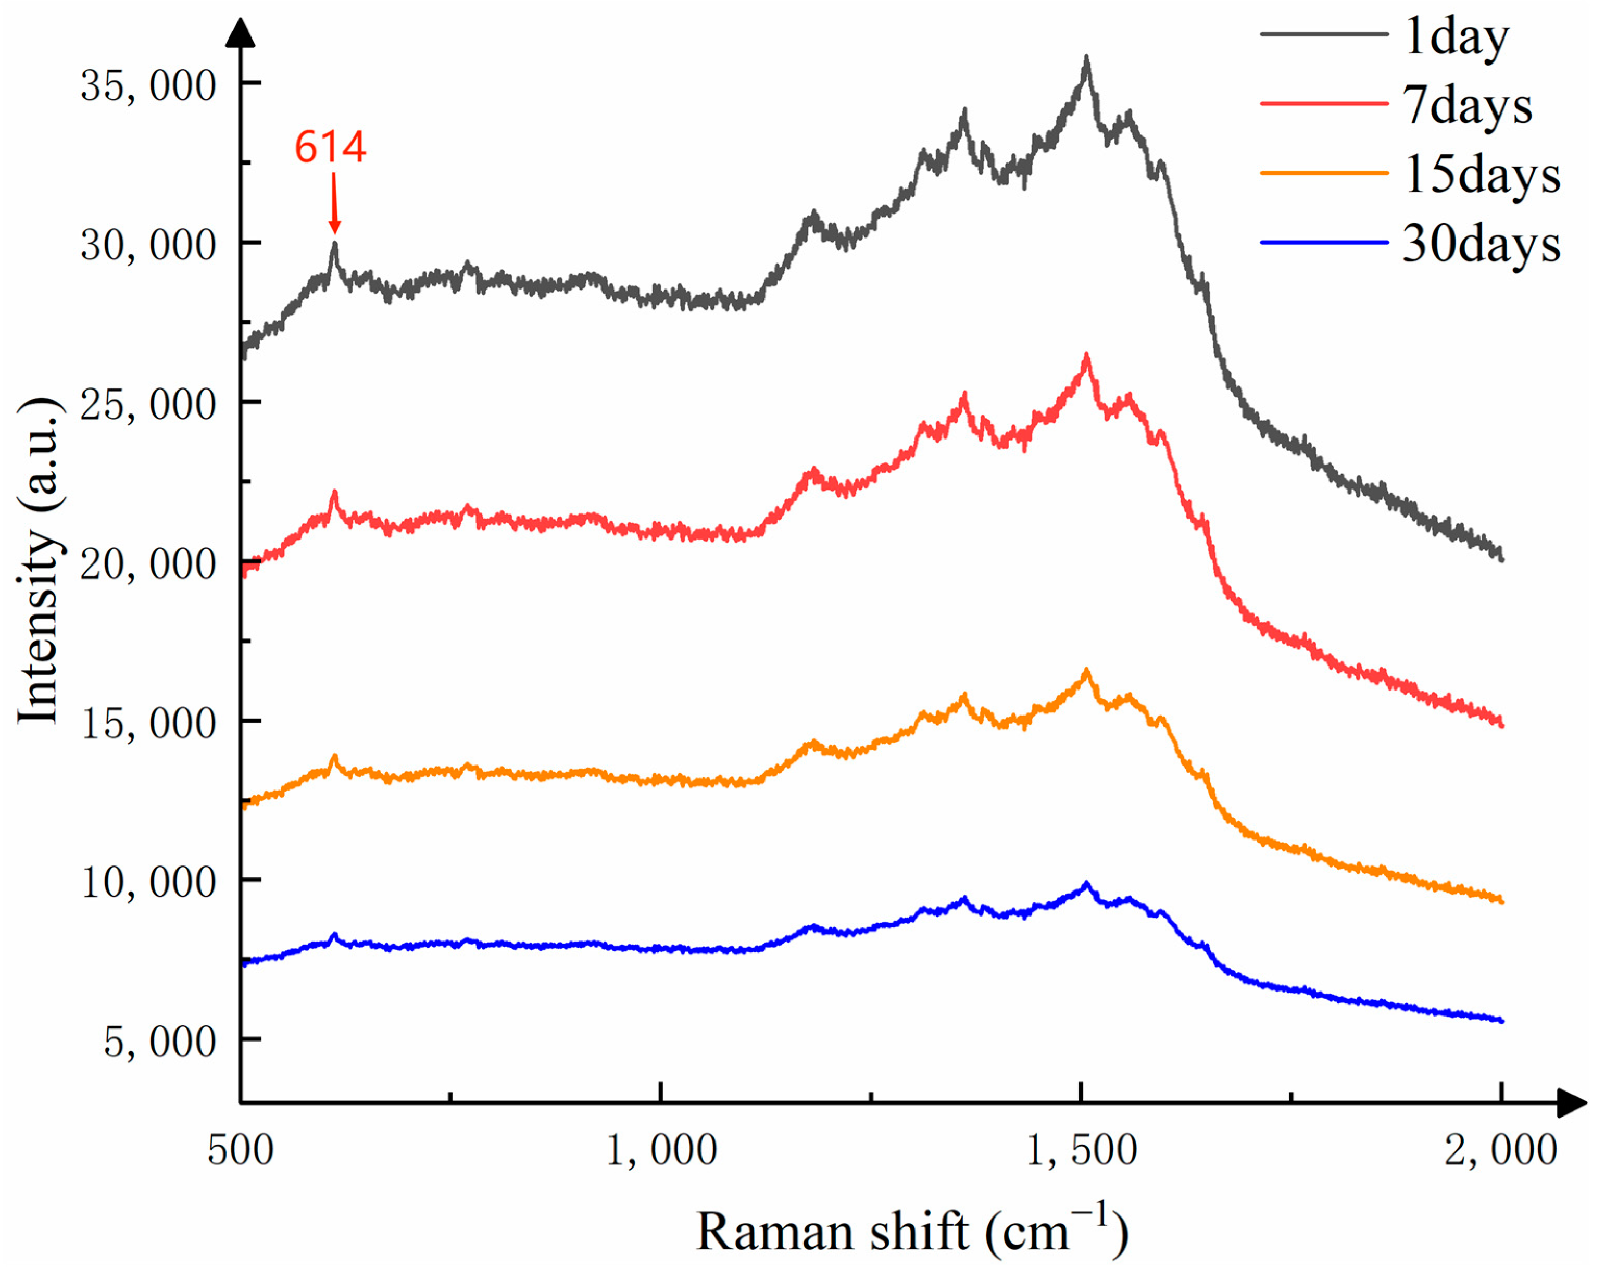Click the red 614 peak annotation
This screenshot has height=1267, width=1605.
click(x=330, y=147)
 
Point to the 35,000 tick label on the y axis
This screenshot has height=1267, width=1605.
click(x=148, y=85)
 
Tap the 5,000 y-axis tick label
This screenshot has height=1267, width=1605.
click(x=159, y=1042)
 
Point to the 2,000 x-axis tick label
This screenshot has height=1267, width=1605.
click(x=1500, y=1150)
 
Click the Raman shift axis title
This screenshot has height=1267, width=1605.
click(x=912, y=1232)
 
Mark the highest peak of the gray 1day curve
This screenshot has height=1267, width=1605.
click(x=1086, y=58)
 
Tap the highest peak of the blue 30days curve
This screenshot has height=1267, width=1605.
click(x=1086, y=884)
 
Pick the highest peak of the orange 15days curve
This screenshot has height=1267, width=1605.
click(x=1086, y=671)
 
